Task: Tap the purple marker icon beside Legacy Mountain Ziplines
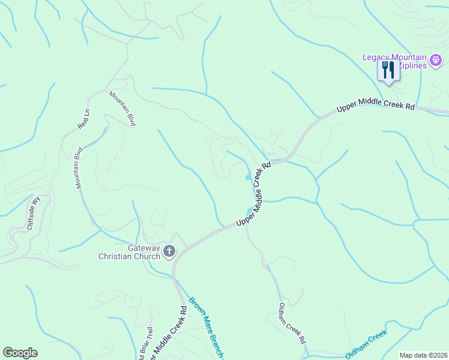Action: tap(436, 59)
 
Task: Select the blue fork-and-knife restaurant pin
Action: tap(387, 70)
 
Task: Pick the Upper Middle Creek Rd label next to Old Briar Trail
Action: tap(168, 331)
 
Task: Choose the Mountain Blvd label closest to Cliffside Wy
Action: tap(79, 168)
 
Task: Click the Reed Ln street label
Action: tap(83, 119)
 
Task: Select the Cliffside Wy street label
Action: tap(34, 213)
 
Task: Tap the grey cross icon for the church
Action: tap(169, 251)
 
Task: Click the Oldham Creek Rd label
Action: tap(292, 322)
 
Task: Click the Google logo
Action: tap(20, 353)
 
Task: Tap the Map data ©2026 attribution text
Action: tap(423, 355)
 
